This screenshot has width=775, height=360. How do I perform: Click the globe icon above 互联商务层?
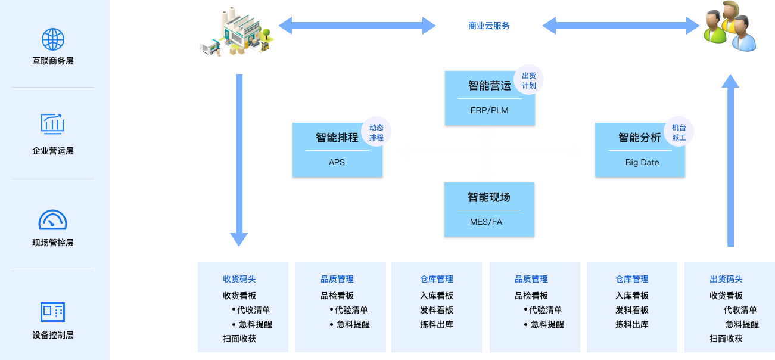point(52,39)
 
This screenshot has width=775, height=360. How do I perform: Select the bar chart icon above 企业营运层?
point(52,123)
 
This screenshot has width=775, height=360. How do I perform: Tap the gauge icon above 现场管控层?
point(52,220)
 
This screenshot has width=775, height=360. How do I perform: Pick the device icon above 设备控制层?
point(52,312)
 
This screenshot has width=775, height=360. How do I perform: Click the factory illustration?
point(237,32)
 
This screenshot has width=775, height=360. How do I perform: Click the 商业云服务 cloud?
point(489,27)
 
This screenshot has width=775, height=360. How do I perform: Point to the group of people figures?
point(729,26)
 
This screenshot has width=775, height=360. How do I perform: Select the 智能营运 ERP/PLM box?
point(489,98)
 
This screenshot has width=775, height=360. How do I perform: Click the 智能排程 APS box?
point(337,150)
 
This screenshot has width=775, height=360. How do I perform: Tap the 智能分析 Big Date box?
point(639,150)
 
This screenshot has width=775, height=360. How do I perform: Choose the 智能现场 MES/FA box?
point(489,210)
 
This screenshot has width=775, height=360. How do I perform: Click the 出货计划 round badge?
point(529,80)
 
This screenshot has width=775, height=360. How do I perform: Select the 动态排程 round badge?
point(376,132)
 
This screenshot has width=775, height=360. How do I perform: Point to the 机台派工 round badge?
point(679,132)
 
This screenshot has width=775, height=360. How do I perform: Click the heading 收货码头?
point(239,279)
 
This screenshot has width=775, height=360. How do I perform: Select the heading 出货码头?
point(726,279)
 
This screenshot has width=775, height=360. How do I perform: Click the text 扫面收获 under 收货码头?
point(239,339)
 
